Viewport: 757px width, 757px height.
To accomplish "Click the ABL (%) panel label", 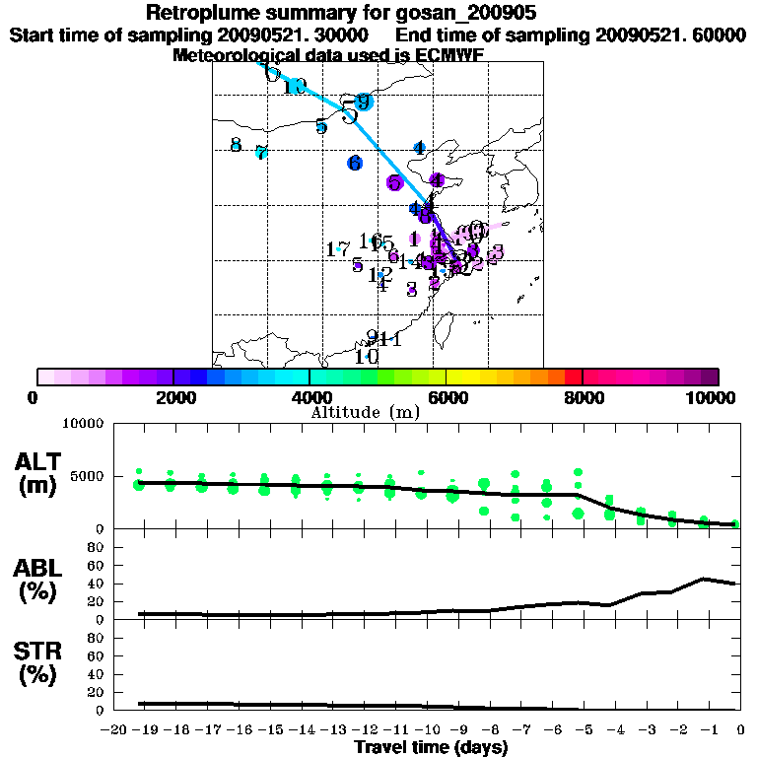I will [x=39, y=581].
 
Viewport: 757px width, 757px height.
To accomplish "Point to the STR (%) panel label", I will [x=39, y=663].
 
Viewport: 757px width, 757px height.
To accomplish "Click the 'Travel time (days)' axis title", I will [x=431, y=748].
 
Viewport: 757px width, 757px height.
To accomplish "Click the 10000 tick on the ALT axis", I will [x=83, y=424].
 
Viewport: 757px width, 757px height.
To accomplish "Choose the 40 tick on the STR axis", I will [x=97, y=674].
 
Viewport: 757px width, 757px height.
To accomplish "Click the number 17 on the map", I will [x=337, y=249].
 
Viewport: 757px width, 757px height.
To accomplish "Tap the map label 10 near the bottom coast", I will [x=367, y=357].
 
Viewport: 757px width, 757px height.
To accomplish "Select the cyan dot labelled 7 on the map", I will [x=261, y=153].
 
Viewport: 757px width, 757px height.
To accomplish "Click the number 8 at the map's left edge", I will [x=236, y=145].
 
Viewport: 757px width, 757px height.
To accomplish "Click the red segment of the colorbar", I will [x=573, y=377].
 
